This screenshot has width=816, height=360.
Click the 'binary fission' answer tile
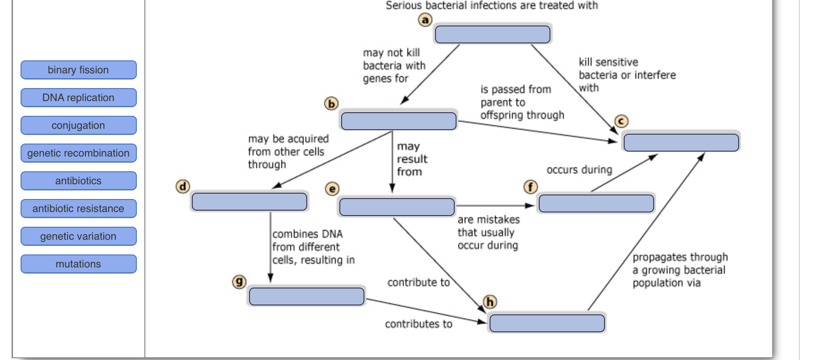(x=78, y=70)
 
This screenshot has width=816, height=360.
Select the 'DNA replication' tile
(x=78, y=97)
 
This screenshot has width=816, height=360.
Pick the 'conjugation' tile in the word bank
(x=78, y=125)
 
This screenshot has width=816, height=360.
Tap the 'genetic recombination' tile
(x=78, y=153)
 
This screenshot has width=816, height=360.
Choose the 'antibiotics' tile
(x=78, y=181)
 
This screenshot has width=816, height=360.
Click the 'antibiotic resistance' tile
(x=78, y=208)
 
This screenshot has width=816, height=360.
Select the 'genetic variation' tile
(x=78, y=236)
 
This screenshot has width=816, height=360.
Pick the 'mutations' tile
(x=78, y=264)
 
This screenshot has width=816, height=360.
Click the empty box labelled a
(x=492, y=34)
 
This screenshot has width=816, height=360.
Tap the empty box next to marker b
(x=398, y=121)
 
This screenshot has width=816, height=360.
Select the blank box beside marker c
(x=681, y=143)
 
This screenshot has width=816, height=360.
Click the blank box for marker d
(x=249, y=202)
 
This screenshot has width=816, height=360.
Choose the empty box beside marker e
(x=397, y=207)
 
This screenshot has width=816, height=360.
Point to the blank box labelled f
(x=596, y=203)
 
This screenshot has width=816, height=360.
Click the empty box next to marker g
(x=306, y=296)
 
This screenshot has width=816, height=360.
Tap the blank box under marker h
(x=547, y=323)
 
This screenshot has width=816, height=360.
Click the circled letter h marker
(x=490, y=302)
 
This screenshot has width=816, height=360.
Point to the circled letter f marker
(x=530, y=187)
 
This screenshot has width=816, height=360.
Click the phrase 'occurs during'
(x=579, y=170)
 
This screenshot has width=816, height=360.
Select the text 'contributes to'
(x=419, y=324)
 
